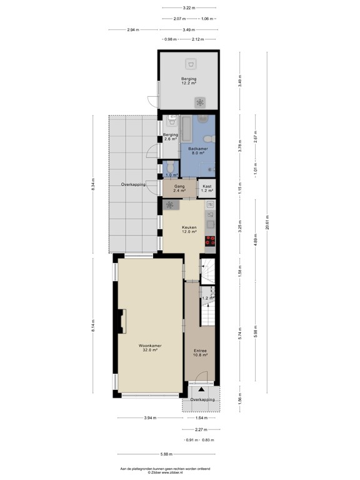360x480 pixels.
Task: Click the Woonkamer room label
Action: tap(147, 347)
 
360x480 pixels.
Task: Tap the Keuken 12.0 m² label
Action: tap(189, 229)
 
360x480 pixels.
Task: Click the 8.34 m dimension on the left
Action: tap(93, 184)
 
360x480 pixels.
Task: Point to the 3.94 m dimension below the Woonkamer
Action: tap(150, 417)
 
